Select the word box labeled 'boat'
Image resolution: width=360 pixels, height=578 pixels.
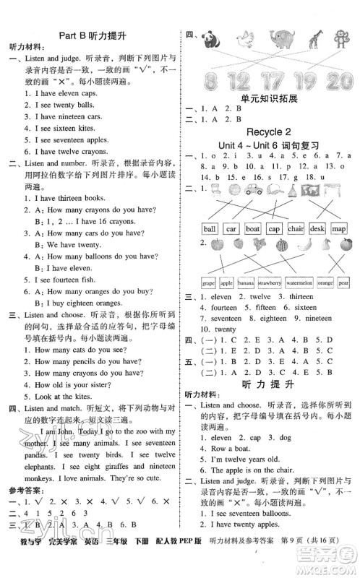[252, 228]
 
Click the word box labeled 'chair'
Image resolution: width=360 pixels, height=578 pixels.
[296, 228]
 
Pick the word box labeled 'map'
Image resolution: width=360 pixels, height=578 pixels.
[340, 228]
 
